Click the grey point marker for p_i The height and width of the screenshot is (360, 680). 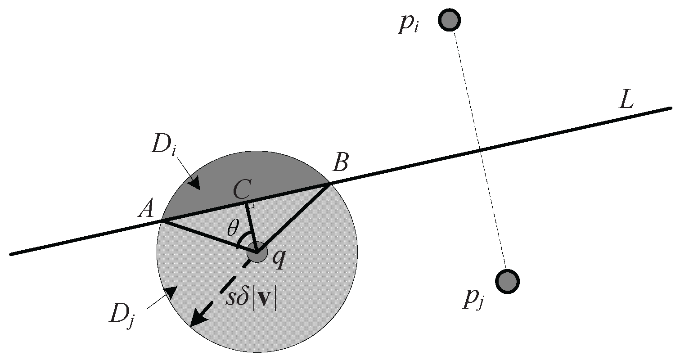click(450, 20)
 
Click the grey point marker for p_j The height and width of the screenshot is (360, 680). click(507, 281)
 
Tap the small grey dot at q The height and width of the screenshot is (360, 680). click(257, 254)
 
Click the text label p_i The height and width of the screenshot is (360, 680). click(409, 25)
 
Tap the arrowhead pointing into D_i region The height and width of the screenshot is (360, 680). click(194, 183)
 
